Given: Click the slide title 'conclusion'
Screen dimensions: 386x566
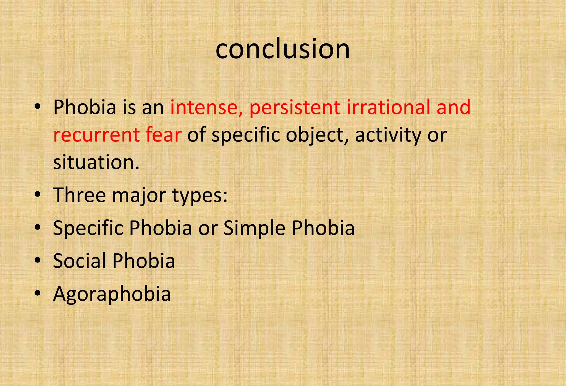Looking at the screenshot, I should tap(282, 49).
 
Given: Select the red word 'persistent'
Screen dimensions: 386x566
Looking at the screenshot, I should tap(295, 107).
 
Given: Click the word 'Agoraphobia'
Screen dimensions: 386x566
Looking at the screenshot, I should tap(112, 294).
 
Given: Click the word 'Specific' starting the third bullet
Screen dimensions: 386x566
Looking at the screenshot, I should tap(88, 229).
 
